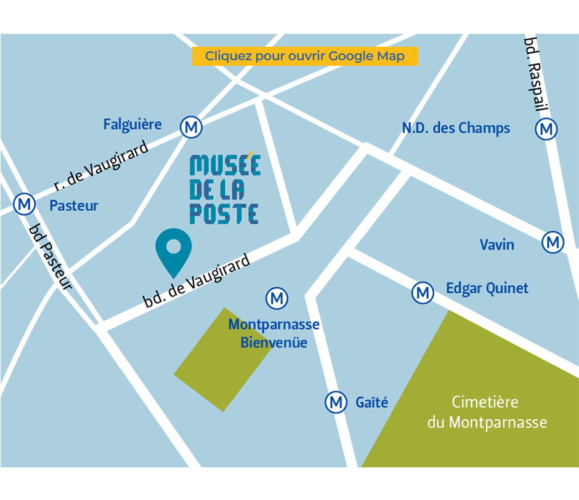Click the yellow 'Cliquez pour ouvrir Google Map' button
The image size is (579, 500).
[305, 56]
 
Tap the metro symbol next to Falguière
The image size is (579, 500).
[191, 127]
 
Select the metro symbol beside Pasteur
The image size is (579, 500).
[24, 204]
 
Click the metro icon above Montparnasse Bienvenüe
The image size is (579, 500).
[277, 299]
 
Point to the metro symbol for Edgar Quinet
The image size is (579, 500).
[423, 293]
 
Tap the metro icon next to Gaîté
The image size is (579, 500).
[336, 403]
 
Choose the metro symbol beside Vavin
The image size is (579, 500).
[553, 242]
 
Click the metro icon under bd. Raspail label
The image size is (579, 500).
[546, 129]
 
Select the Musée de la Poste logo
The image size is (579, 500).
[225, 189]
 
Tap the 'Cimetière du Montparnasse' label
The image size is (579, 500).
[487, 412]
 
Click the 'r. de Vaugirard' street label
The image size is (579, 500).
[102, 165]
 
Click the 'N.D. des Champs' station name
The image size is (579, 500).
[456, 128]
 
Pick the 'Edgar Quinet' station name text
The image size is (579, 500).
[487, 288]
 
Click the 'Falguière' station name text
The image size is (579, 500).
[132, 124]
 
